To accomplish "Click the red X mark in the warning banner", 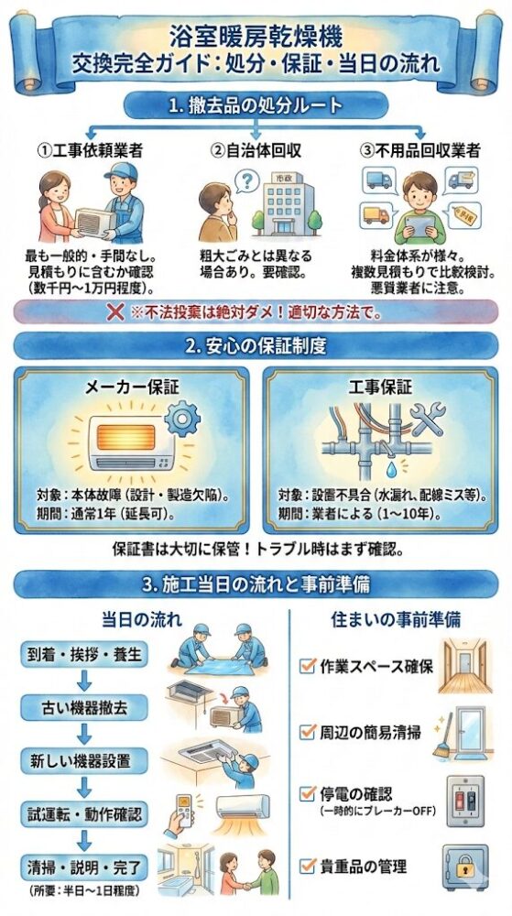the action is click(115, 312).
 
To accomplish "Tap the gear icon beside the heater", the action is click(182, 419).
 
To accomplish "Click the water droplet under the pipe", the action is click(389, 473).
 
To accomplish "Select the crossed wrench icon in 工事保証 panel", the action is click(427, 419).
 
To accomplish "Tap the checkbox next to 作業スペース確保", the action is click(307, 665).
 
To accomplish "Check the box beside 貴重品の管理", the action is click(307, 866).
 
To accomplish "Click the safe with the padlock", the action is click(464, 867).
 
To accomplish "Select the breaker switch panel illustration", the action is click(465, 800).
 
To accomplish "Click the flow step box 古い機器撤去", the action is click(84, 708).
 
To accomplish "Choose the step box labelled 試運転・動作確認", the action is click(84, 815).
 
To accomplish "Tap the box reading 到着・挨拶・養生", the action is click(84, 654).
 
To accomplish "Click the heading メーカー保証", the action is click(132, 387).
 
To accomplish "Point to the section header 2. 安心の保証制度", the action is click(256, 346).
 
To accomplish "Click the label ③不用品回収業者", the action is click(420, 151).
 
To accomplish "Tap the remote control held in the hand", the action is click(184, 810).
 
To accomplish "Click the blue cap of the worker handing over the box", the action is click(121, 172).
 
